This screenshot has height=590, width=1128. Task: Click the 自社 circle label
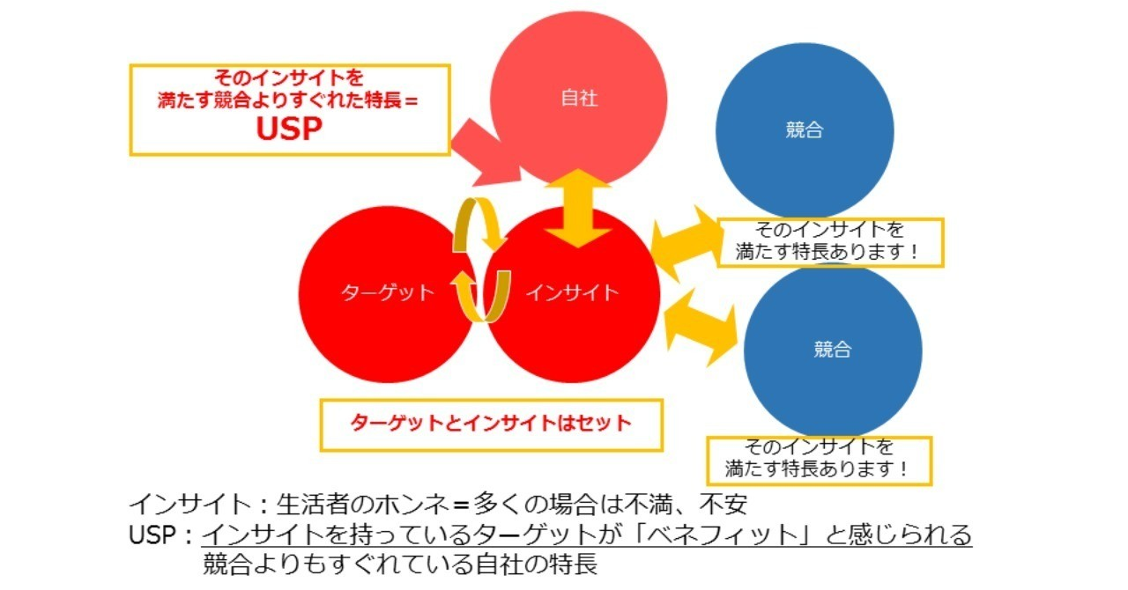579,98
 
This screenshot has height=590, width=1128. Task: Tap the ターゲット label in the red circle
387,292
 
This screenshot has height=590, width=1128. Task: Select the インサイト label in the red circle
572,292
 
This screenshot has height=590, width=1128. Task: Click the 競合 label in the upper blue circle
805,130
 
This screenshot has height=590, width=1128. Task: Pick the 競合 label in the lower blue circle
833,349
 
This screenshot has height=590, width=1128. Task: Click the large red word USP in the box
289,129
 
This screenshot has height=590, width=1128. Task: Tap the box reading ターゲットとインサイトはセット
492,424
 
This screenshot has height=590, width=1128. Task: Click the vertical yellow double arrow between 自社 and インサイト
578,209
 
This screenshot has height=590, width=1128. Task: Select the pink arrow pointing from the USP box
486,153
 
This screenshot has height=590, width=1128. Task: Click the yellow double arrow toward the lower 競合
700,328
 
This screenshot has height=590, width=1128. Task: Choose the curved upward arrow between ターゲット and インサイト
481,296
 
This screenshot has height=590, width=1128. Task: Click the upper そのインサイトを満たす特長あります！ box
830,243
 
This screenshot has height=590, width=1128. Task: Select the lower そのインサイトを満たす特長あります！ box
820,461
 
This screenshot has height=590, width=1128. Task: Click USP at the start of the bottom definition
152,535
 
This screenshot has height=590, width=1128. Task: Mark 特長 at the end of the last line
574,564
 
